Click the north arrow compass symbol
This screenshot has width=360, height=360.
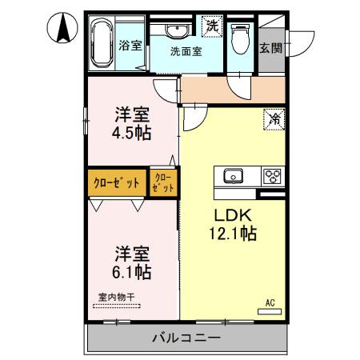click(61, 30)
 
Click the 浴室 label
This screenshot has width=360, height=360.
click(131, 45)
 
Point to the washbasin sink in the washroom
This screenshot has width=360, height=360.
click(177, 30)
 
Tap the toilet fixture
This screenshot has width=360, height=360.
click(239, 40)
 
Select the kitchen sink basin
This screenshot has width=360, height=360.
click(233, 175)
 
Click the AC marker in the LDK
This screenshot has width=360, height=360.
click(270, 302)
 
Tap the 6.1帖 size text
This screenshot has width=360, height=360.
click(133, 273)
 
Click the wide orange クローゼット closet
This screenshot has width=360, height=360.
click(117, 182)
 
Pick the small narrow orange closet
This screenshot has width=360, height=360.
click(163, 181)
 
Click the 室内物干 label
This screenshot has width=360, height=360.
click(117, 298)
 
